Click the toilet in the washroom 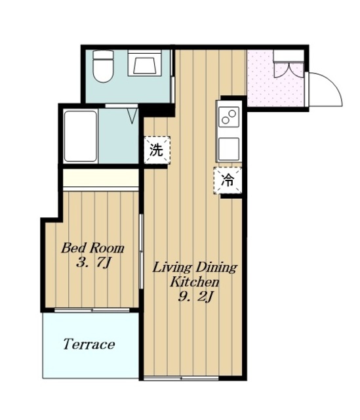click(103, 66)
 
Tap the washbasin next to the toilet click(144, 63)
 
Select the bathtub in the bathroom click(80, 136)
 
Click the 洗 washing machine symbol click(157, 150)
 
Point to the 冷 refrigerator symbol click(228, 180)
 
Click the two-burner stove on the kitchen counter click(229, 117)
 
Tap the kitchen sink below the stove click(229, 149)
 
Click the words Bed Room click(92, 248)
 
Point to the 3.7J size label click(93, 262)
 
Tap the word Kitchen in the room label click(195, 282)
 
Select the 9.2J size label click(195, 297)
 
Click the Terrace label click(89, 344)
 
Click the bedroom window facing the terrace click(92, 310)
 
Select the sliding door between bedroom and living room click(141, 251)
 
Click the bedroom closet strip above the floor click(101, 179)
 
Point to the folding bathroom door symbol click(132, 115)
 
